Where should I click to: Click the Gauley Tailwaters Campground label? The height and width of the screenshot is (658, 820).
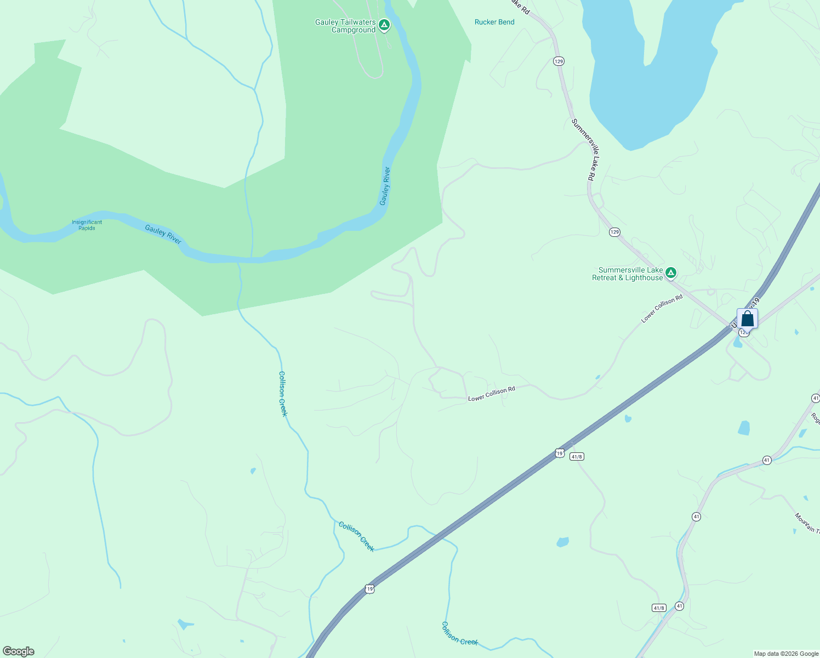click(345, 26)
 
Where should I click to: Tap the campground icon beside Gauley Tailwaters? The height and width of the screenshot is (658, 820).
click(385, 25)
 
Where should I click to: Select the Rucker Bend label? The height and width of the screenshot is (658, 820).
click(494, 22)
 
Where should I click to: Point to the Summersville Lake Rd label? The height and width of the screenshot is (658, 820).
click(583, 150)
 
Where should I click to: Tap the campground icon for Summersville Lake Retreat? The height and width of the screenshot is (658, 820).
click(670, 273)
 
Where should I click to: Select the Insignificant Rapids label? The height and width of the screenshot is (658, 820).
click(87, 225)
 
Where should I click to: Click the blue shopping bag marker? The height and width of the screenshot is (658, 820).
click(747, 319)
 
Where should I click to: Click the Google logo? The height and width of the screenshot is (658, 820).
click(18, 651)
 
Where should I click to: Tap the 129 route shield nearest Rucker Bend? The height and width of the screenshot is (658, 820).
click(559, 61)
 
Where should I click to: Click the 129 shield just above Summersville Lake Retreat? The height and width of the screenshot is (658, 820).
click(614, 232)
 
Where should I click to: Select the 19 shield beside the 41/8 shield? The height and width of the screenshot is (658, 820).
click(559, 453)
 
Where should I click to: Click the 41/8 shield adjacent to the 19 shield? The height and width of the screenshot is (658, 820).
click(576, 456)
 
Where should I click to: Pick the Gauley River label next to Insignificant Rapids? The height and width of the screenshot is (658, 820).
click(163, 234)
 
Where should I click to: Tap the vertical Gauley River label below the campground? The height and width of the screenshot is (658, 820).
click(385, 186)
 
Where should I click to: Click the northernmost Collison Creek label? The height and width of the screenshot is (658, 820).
click(283, 394)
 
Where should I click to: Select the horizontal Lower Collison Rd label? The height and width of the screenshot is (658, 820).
click(492, 394)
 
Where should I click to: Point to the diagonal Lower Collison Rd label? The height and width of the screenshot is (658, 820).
click(662, 309)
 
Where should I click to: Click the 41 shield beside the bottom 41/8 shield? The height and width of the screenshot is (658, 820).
click(680, 606)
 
